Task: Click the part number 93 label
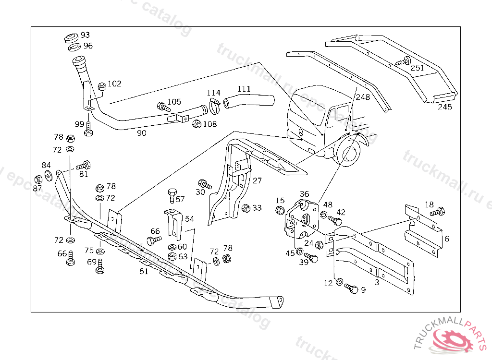pos(85,35)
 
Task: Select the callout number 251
pos(417,68)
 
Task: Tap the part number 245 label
pos(444,107)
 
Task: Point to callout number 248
pos(363,97)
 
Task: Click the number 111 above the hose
pos(244,89)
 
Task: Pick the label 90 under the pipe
pos(141,133)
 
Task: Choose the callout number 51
pos(144,271)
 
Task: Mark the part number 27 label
pos(257,180)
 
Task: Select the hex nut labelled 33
pos(246,208)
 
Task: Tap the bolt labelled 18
pos(438,212)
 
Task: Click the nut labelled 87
pos(38,180)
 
